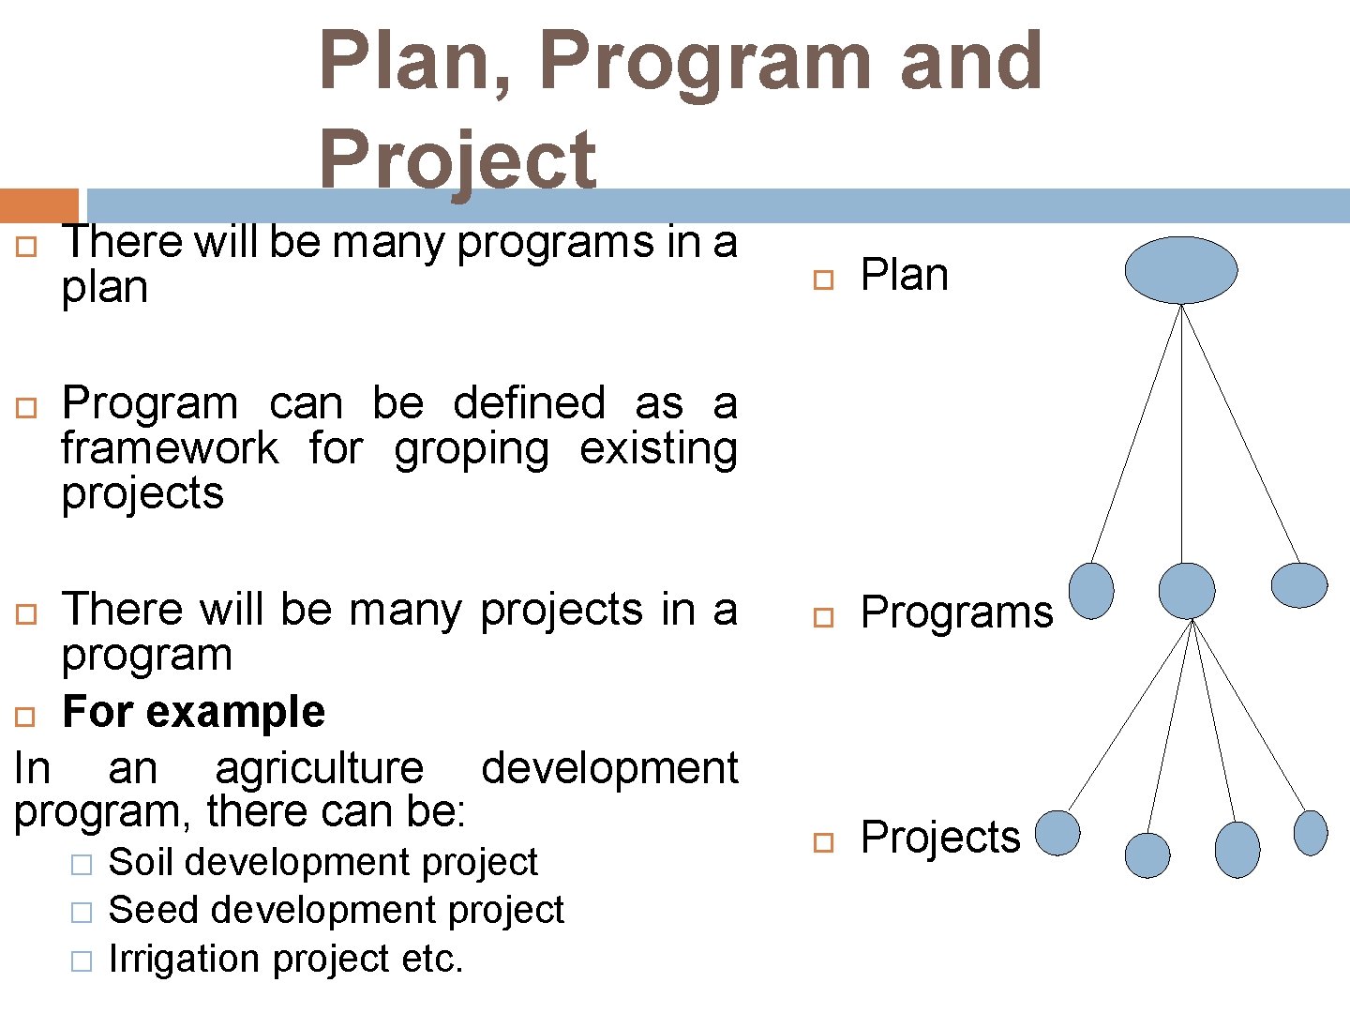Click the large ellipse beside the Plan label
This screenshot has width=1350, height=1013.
(x=1180, y=270)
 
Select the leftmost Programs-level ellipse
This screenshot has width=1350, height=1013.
(x=1091, y=591)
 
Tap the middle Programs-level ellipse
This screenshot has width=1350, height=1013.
(x=1186, y=591)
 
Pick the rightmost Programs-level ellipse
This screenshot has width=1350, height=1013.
(x=1298, y=585)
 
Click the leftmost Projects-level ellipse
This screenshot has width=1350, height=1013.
(x=1057, y=833)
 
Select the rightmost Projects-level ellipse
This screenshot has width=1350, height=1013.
(x=1310, y=833)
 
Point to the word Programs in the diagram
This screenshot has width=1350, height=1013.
(x=956, y=613)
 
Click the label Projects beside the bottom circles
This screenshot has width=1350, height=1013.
(x=939, y=838)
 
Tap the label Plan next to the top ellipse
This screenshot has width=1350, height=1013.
(x=904, y=276)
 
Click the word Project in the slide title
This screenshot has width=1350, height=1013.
(x=457, y=159)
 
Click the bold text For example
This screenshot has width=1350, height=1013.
(x=193, y=712)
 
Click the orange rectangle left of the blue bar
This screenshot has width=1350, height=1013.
(x=38, y=205)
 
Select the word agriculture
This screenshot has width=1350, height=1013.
(x=319, y=769)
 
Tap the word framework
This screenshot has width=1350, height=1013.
(x=170, y=448)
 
